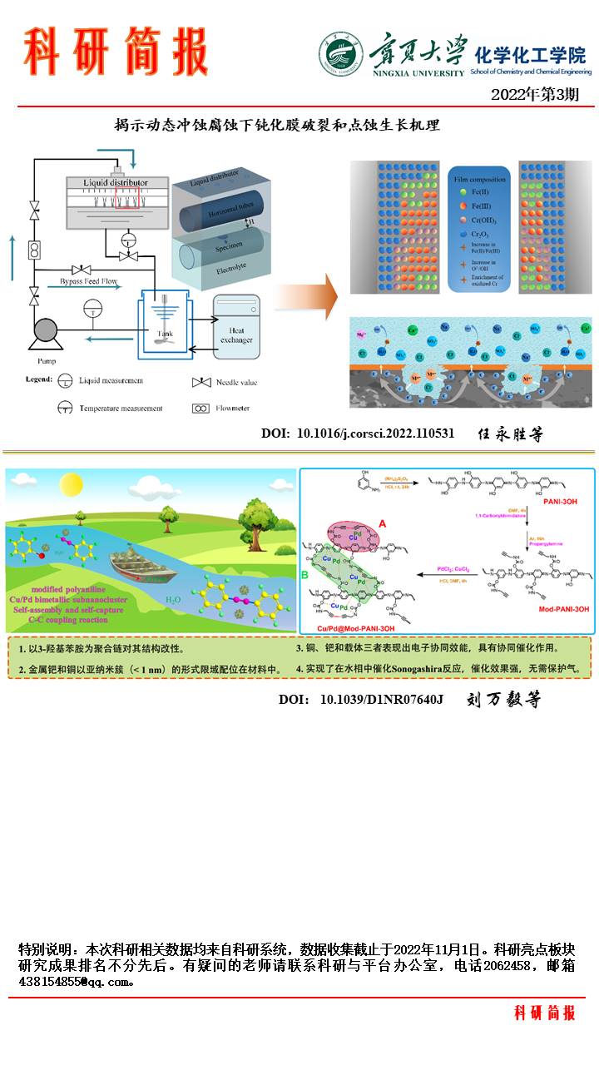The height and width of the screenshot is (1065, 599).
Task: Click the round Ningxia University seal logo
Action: click(340, 55)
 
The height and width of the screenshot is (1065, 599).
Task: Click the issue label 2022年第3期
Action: click(535, 94)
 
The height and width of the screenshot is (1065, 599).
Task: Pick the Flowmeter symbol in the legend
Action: click(200, 409)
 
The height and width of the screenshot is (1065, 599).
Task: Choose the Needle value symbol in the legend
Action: click(200, 383)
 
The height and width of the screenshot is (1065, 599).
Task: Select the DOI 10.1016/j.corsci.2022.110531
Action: click(358, 433)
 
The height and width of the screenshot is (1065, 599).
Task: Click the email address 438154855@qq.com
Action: click(76, 982)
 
